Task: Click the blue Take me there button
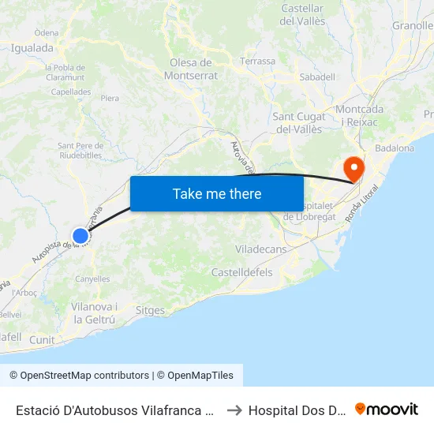tap(217, 193)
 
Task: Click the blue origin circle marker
tap(80, 235)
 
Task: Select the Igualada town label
tap(32, 47)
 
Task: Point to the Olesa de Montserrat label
tap(191, 69)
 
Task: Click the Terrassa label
tap(258, 61)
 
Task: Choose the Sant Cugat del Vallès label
tap(297, 122)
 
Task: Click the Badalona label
tap(395, 148)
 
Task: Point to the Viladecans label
tap(261, 249)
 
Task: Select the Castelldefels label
tap(241, 272)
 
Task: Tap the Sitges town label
tap(150, 310)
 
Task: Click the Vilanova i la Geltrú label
tap(94, 312)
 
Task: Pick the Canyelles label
tap(92, 279)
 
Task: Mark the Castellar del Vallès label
tap(302, 14)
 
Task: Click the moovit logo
tap(387, 409)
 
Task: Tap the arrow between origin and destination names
tap(234, 410)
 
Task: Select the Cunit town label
tap(43, 340)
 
